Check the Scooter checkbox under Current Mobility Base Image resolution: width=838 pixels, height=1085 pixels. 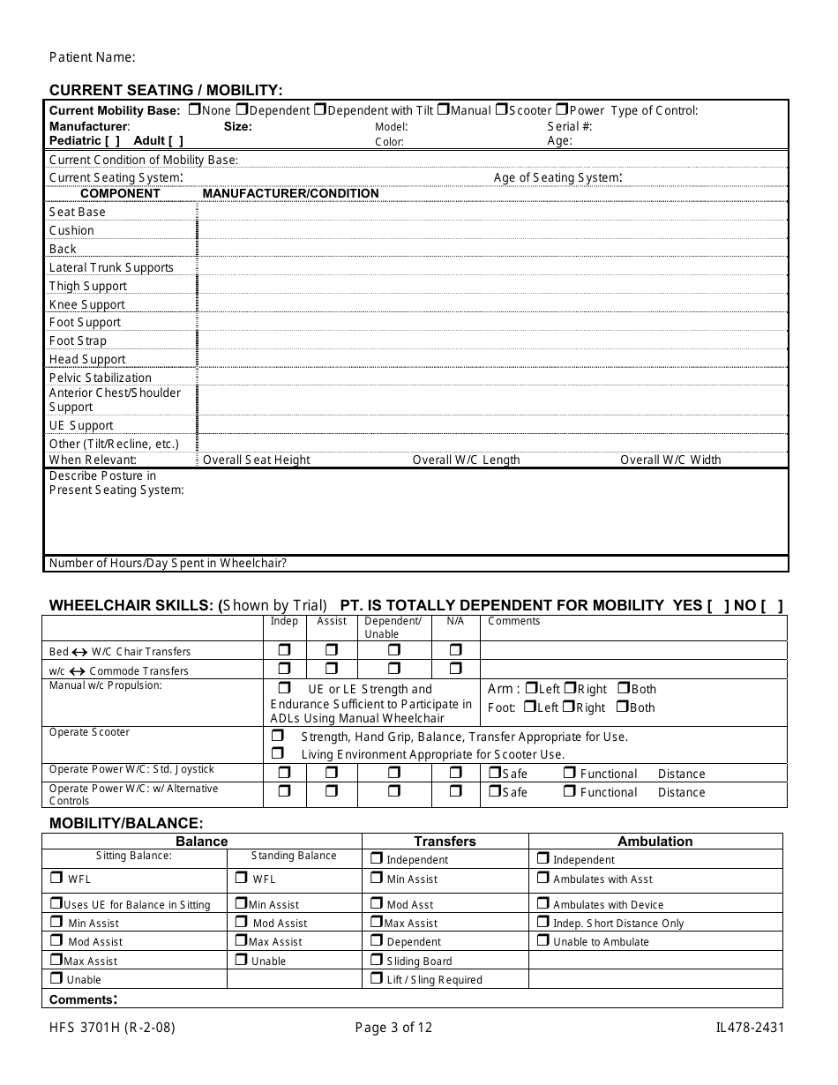click(500, 110)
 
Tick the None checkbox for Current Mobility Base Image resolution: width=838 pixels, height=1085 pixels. click(195, 110)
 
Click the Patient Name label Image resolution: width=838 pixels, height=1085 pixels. click(92, 57)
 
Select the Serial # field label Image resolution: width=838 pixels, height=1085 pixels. click(570, 126)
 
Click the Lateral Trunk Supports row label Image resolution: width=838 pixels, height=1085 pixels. click(111, 267)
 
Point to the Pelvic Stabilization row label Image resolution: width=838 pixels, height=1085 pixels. click(101, 378)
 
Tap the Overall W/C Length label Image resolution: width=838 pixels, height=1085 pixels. click(466, 460)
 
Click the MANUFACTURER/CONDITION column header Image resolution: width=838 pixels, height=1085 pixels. click(290, 193)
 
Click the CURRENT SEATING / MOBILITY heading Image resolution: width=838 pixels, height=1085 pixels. click(166, 90)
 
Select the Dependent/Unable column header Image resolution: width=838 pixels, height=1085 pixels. click(393, 627)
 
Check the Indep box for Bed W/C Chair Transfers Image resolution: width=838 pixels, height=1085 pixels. click(285, 650)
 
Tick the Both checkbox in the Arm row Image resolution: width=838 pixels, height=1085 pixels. click(623, 688)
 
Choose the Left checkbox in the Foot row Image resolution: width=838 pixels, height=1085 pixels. click(529, 707)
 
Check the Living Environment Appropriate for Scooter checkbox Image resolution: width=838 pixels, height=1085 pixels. click(278, 753)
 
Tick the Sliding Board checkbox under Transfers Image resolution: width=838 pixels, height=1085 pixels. click(377, 960)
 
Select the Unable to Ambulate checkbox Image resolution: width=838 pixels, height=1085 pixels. click(542, 940)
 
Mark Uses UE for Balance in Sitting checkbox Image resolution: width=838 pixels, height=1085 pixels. click(56, 903)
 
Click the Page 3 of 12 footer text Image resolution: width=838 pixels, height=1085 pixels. click(393, 1027)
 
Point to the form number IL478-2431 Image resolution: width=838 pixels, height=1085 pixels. click(750, 1027)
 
